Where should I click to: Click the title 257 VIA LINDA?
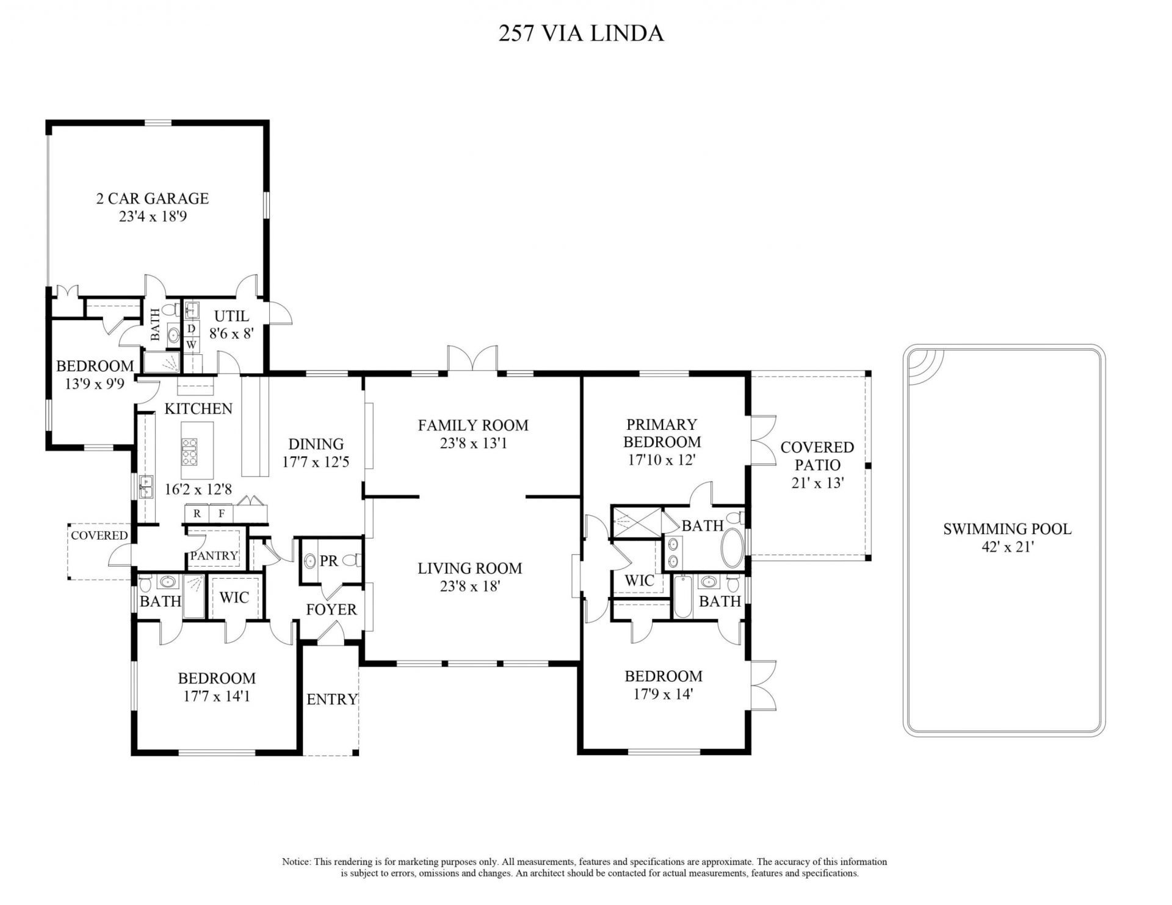point(581,33)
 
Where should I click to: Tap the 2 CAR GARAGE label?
point(153,198)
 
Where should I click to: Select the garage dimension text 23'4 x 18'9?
point(153,216)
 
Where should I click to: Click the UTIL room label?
point(231,316)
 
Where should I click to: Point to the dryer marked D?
point(191,329)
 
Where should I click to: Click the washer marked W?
point(191,345)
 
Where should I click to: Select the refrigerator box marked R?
point(197,513)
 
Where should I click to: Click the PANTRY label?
point(214,556)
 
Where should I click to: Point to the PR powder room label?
point(329,560)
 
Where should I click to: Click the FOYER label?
point(331,609)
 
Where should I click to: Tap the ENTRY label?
point(331,699)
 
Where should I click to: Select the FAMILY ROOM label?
point(473,425)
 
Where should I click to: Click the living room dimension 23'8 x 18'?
point(469,587)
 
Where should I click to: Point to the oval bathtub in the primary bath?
point(733,548)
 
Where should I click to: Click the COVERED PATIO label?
point(817,456)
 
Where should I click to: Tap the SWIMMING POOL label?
point(1007,529)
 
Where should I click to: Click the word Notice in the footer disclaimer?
point(296,862)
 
